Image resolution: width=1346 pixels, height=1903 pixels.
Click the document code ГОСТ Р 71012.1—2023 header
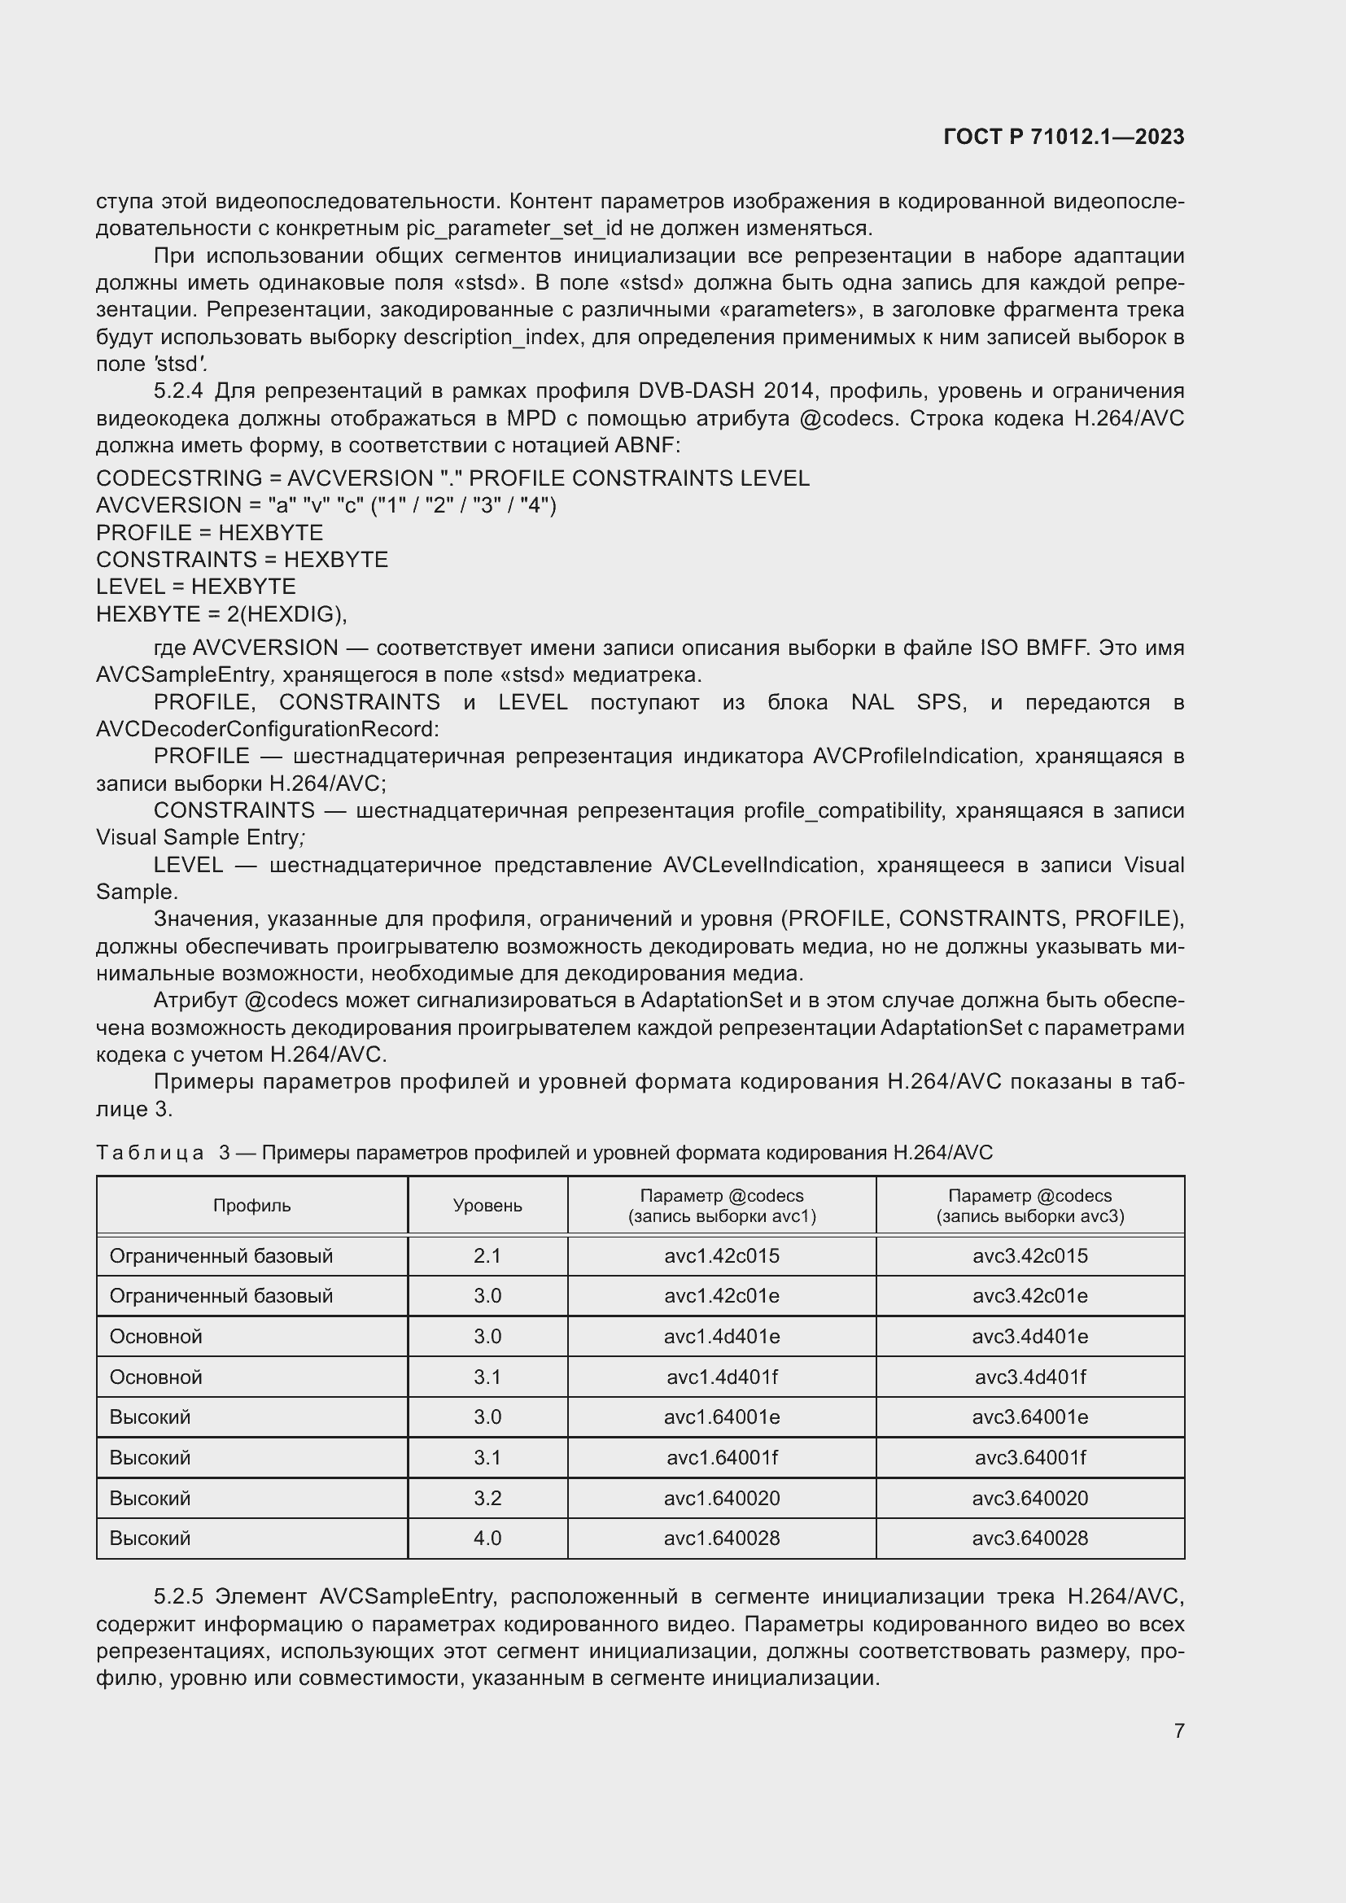tap(1064, 137)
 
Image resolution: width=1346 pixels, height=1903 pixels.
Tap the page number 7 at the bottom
tap(1178, 1730)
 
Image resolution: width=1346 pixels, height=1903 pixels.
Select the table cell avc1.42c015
tap(721, 1255)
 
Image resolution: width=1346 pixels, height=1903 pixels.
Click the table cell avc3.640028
tap(1029, 1538)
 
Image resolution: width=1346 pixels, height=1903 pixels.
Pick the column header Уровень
tap(487, 1206)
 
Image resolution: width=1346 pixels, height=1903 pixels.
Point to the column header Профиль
tap(252, 1206)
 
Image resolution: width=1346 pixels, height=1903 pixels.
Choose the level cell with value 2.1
tap(487, 1255)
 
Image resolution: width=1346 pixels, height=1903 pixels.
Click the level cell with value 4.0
tap(487, 1538)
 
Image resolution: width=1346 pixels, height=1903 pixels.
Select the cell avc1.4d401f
tap(721, 1377)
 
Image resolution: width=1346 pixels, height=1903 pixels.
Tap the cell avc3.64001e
tap(1029, 1416)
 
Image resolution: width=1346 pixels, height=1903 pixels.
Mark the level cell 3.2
tap(487, 1498)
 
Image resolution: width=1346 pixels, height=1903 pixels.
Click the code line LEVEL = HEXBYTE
tap(195, 587)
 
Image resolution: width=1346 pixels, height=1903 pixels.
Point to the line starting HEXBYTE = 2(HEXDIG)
tap(221, 614)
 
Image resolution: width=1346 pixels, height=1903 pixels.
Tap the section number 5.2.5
tap(178, 1595)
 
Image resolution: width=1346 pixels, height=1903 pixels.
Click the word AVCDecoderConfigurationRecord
tap(267, 729)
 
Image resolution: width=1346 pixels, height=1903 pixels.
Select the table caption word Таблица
tap(150, 1153)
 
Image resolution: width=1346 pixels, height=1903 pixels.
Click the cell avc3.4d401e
tap(1029, 1336)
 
